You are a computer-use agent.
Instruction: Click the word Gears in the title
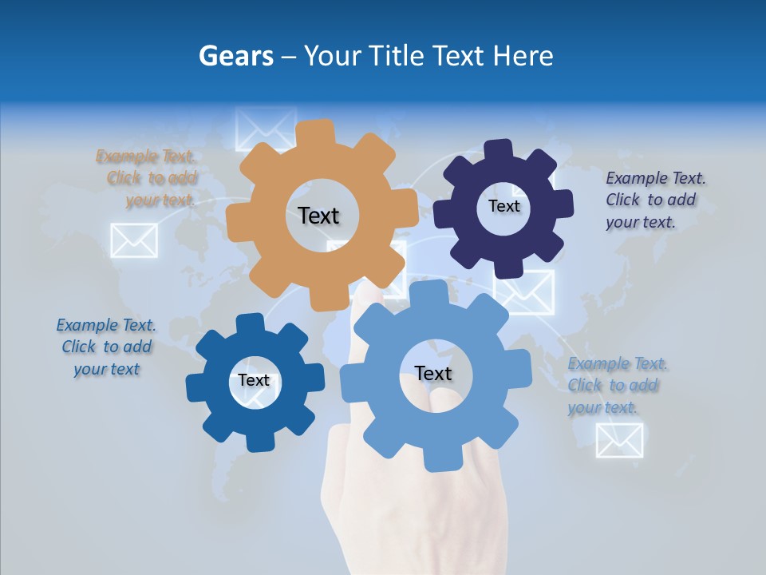(x=235, y=56)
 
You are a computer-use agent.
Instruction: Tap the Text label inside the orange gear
(x=318, y=216)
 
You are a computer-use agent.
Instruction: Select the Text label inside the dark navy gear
(x=503, y=206)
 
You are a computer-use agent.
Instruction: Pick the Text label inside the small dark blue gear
(x=254, y=380)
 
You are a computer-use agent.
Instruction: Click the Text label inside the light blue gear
(x=433, y=373)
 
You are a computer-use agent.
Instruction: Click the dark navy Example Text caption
(x=654, y=200)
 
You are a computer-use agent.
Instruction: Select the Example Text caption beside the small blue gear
(x=106, y=347)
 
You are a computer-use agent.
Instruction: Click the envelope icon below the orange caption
(x=133, y=240)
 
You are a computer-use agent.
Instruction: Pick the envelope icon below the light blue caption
(x=619, y=440)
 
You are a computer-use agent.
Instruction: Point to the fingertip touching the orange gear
(x=368, y=295)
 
